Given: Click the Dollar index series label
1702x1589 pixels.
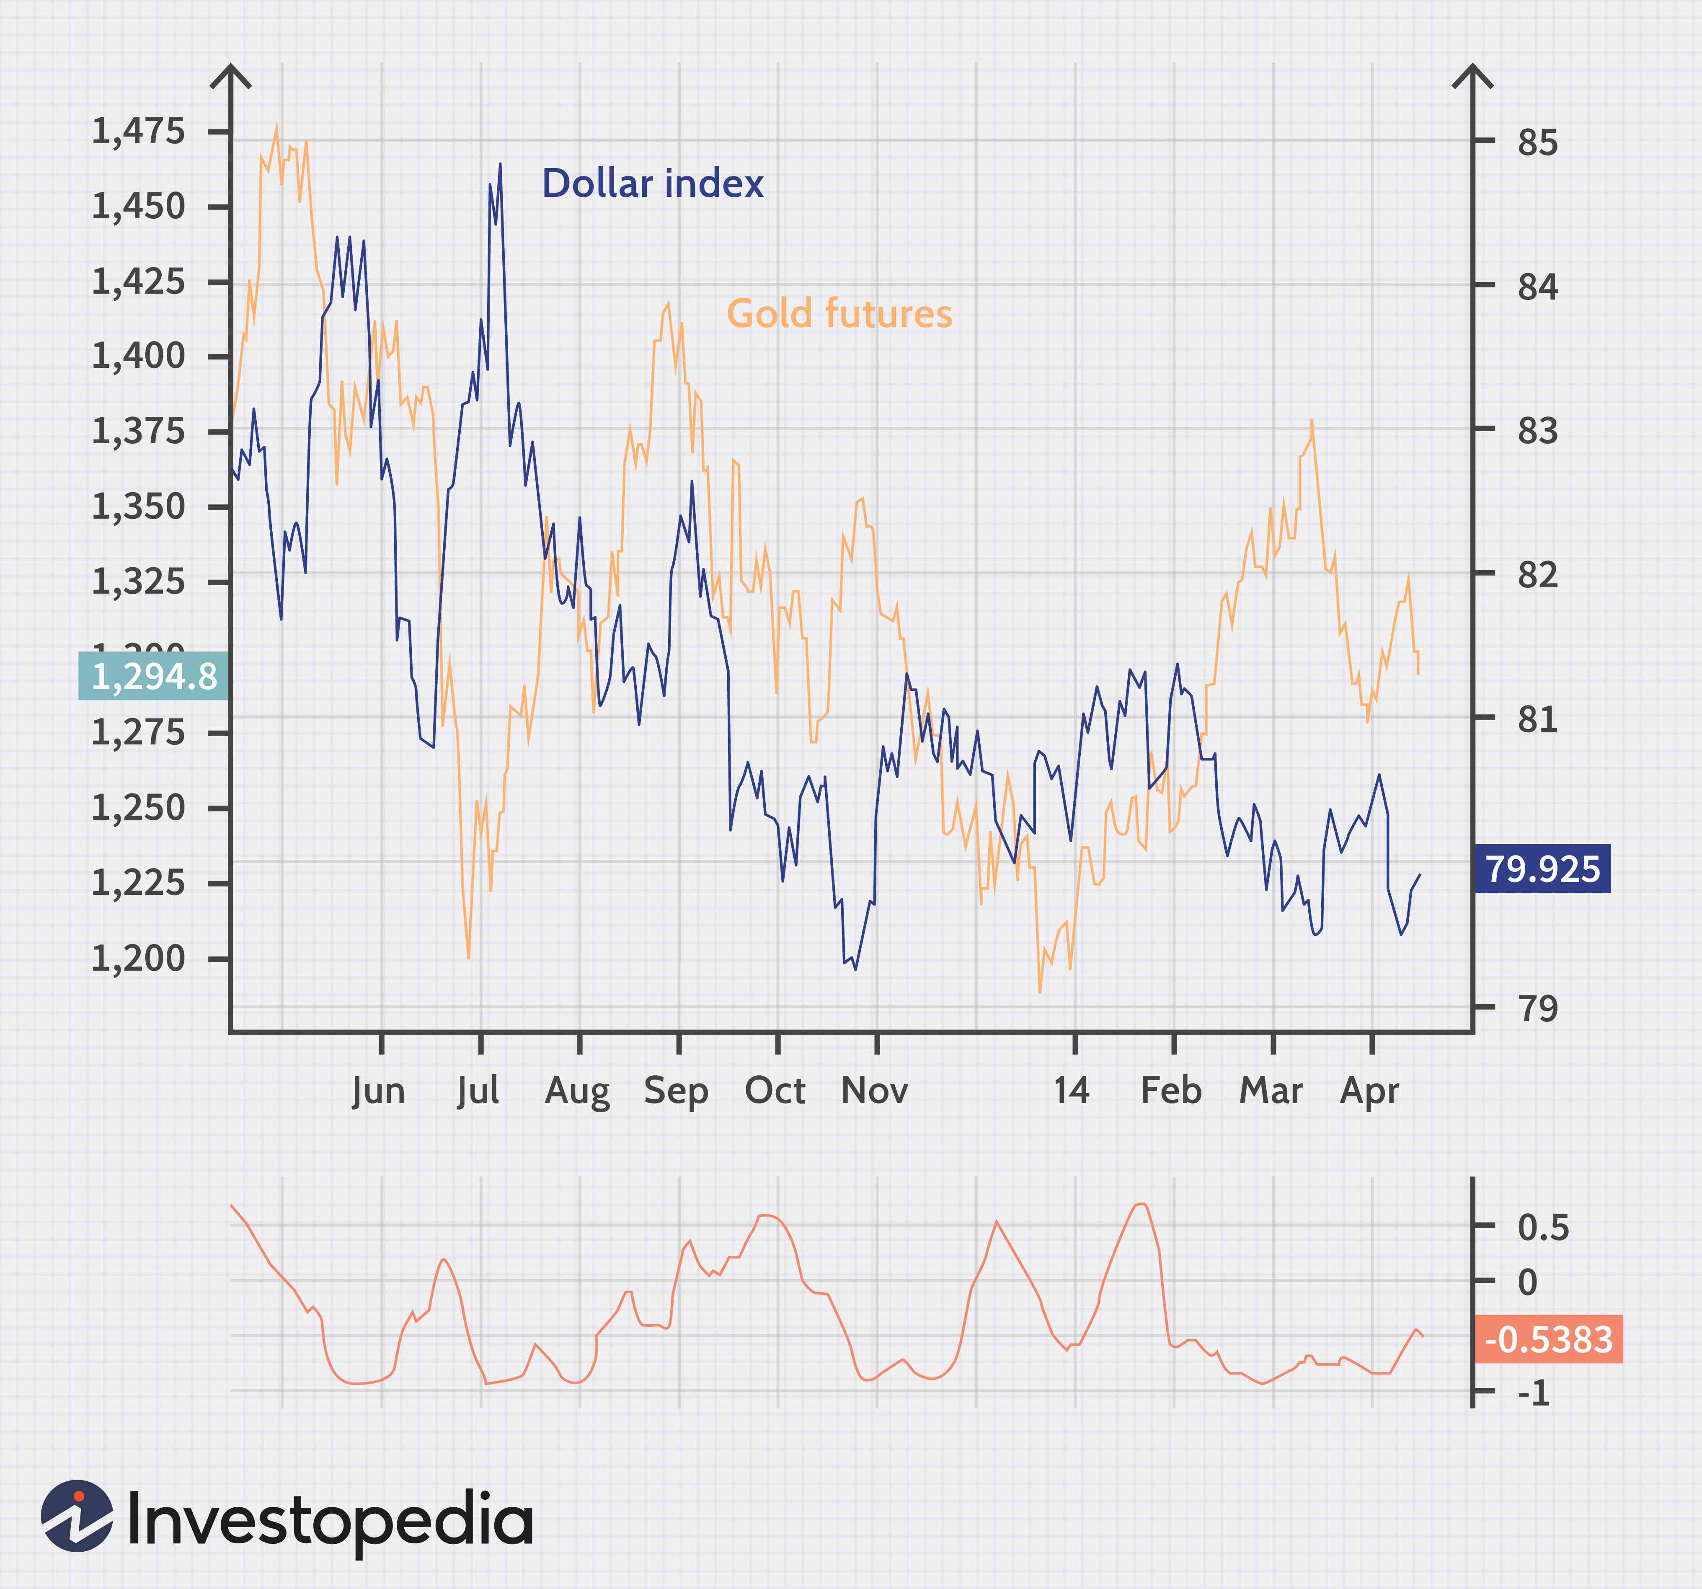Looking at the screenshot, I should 652,184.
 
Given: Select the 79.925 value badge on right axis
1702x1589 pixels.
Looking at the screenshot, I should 1542,869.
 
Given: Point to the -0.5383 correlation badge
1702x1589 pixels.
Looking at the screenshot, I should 1548,1339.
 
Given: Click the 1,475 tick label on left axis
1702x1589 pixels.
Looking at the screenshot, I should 138,132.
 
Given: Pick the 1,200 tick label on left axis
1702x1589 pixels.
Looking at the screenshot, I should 138,958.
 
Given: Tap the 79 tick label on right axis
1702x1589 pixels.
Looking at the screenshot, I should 1538,1008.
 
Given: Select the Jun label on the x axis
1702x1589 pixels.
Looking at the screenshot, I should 378,1091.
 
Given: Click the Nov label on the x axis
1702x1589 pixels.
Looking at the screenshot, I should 874,1091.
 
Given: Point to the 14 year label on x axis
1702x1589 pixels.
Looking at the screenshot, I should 1071,1091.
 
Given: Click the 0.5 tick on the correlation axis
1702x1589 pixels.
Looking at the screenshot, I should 1543,1228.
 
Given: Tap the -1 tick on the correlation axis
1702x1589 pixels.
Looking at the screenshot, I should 1534,1393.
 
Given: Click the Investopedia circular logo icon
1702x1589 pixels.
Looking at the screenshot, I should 77,1516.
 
